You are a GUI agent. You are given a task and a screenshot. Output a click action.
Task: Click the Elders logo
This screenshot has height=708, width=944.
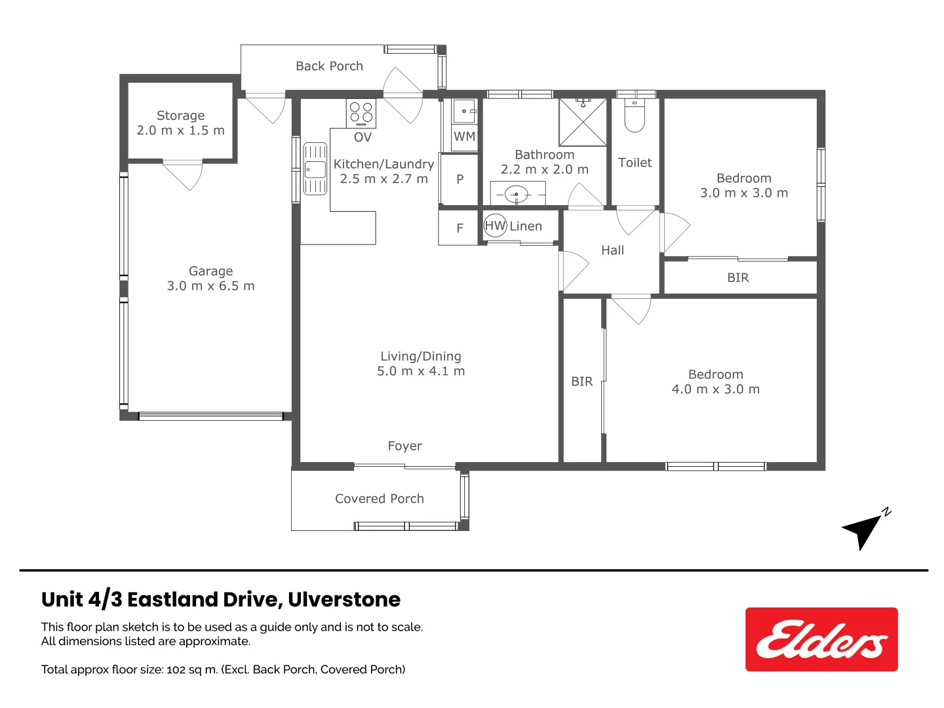click(x=821, y=639)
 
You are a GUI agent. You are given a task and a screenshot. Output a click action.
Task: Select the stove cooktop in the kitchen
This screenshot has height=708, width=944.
click(x=361, y=113)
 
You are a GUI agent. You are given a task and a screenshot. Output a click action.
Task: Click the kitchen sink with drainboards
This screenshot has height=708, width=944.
click(x=315, y=169)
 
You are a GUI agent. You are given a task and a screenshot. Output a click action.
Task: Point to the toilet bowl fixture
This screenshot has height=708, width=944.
click(x=635, y=116)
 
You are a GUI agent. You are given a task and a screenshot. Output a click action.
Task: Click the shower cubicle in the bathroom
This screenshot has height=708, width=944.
click(x=582, y=122)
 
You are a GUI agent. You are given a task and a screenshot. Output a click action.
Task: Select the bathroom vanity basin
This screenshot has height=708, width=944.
click(x=517, y=194)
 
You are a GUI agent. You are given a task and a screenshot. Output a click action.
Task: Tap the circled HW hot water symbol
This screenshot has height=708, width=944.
click(x=495, y=226)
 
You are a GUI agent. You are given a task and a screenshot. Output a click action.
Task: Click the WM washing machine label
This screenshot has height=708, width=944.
click(x=464, y=136)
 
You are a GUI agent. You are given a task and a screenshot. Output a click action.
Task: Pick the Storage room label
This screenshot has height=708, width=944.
click(x=180, y=115)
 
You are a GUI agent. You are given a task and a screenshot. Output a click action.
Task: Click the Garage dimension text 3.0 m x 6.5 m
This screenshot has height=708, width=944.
click(x=210, y=286)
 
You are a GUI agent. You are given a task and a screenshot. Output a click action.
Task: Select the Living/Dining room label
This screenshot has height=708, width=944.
click(x=421, y=356)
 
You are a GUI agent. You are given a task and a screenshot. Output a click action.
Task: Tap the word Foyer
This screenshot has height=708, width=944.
click(x=404, y=446)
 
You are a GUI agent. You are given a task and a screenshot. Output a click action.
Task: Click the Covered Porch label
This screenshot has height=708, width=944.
click(x=379, y=498)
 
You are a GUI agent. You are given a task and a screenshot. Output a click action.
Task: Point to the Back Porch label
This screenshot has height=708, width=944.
click(x=329, y=66)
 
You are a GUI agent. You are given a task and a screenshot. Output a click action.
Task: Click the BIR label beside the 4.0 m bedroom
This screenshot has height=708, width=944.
click(x=581, y=381)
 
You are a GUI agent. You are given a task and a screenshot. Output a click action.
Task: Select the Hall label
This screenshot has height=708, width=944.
click(x=612, y=250)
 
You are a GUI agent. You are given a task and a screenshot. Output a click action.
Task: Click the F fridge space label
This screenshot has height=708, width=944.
click(x=460, y=228)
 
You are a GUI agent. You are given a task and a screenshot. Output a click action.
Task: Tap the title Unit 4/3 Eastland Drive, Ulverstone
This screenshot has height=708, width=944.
click(x=221, y=599)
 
